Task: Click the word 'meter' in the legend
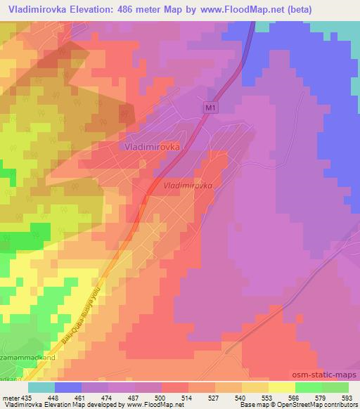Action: coord(9,397)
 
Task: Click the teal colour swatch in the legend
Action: coord(41,387)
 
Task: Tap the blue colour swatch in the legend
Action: coord(67,387)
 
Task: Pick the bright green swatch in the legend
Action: coord(308,387)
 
